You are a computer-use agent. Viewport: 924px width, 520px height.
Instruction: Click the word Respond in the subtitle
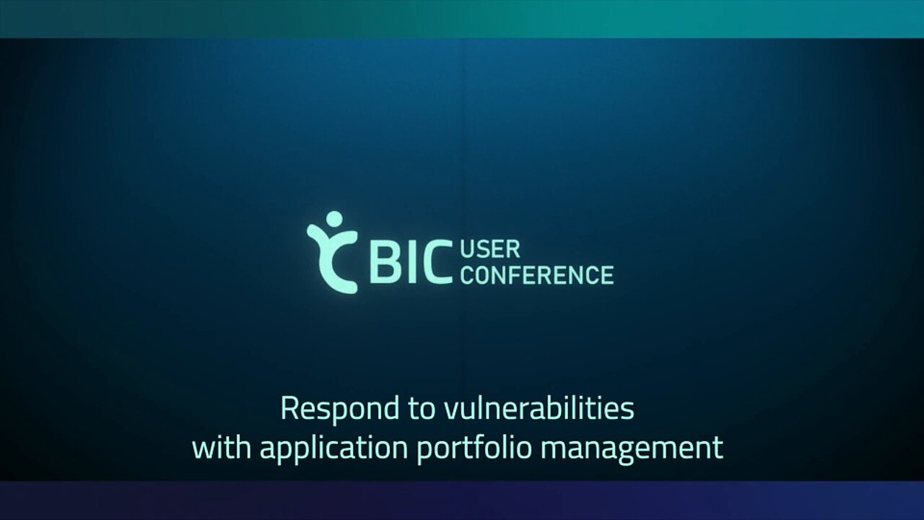tap(340, 409)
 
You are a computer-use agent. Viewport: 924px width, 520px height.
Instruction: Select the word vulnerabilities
tap(539, 408)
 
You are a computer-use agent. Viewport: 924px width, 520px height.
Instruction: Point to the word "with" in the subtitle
tap(222, 447)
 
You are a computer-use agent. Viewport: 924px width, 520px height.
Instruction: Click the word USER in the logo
tap(490, 250)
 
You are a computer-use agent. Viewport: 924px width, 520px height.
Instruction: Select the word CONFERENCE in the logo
tap(537, 275)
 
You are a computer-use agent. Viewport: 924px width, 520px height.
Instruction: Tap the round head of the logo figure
tap(334, 219)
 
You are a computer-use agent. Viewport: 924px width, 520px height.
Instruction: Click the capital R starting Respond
tap(289, 408)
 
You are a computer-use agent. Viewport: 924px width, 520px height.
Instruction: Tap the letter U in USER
tap(467, 250)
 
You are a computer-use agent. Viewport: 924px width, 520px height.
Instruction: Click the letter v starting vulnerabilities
tap(452, 411)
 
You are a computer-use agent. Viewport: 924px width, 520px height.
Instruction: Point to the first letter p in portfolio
tap(425, 452)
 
